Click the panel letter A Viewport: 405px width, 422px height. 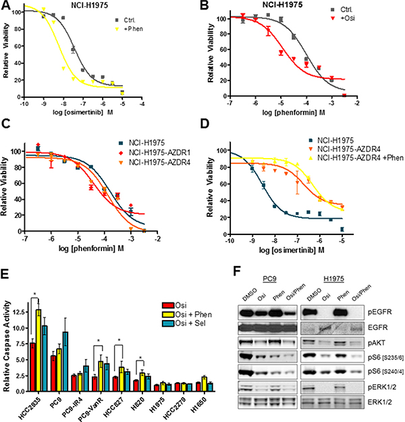tap(7, 6)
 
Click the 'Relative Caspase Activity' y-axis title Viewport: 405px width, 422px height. tap(7, 338)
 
